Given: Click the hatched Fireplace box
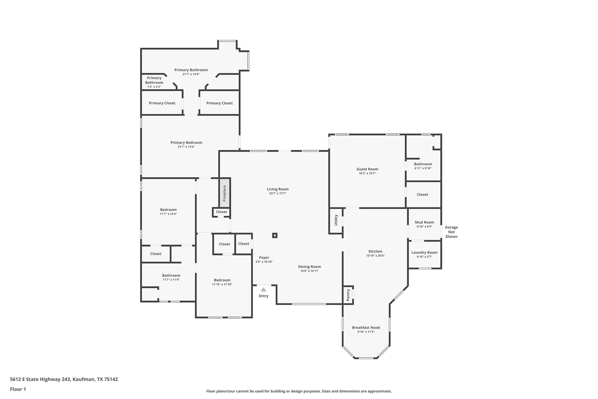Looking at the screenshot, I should [x=224, y=193].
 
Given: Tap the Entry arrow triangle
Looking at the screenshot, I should [x=263, y=289].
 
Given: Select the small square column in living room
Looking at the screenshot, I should [x=274, y=235].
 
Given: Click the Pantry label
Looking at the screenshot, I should [x=348, y=295].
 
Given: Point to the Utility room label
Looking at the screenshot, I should [x=336, y=220].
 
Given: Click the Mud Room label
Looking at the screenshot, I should [x=424, y=222].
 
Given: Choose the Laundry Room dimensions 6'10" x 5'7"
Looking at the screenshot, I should [x=424, y=257].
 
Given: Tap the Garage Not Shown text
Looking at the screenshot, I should [x=451, y=232].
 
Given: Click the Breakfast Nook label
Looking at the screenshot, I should [x=366, y=327].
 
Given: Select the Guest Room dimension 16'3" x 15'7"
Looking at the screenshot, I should [x=367, y=173].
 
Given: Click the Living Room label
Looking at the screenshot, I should [x=278, y=189].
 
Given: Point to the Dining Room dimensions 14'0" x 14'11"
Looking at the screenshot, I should [x=309, y=271].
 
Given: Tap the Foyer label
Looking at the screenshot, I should [x=264, y=257].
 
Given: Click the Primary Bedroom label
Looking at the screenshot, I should [x=186, y=142].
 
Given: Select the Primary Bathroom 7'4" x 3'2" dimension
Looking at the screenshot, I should [x=154, y=87].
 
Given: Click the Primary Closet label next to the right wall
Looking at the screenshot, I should [x=219, y=103].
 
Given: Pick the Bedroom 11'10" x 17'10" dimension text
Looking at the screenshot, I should [x=222, y=284].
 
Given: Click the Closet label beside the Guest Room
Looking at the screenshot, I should [x=422, y=195].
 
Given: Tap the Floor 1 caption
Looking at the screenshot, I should [x=18, y=389].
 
